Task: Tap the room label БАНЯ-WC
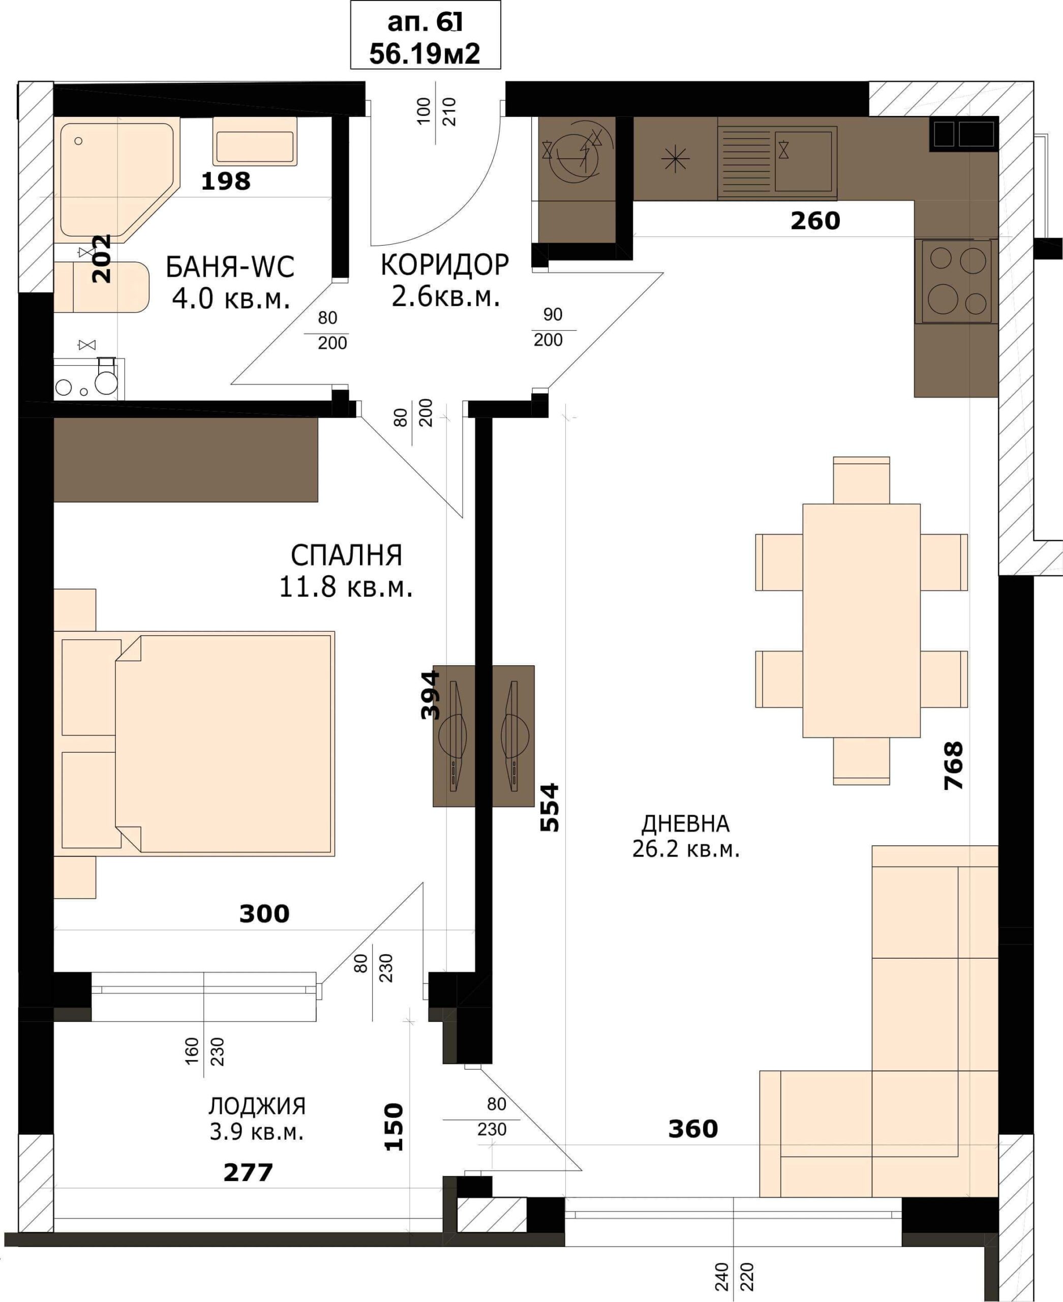click(230, 267)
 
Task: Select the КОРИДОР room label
click(444, 264)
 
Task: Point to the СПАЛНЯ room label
click(347, 555)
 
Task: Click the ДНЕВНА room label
click(685, 824)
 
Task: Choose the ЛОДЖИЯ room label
click(257, 1106)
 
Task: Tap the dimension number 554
click(550, 807)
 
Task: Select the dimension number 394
click(431, 695)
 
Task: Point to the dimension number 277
click(248, 1173)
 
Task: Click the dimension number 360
click(693, 1129)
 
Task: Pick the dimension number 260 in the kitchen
click(815, 221)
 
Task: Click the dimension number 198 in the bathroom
click(226, 182)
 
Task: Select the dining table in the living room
click(861, 620)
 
